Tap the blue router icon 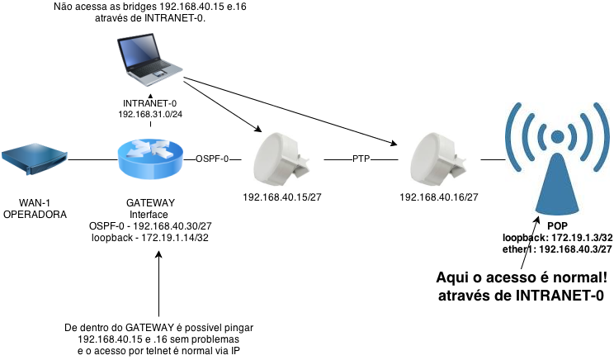point(149,158)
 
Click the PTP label point(361,158)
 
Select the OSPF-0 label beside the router point(212,158)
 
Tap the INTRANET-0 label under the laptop point(150,103)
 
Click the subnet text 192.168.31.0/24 point(150,114)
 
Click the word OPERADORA point(35,214)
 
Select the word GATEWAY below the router point(149,203)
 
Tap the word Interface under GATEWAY point(149,215)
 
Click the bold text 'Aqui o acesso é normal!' point(522,278)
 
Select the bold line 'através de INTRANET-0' point(522,296)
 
